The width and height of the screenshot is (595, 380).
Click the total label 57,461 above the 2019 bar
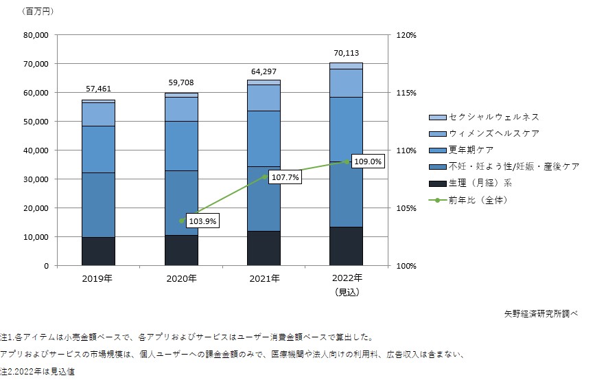(x=98, y=89)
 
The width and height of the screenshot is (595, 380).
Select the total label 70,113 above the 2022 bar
(x=346, y=52)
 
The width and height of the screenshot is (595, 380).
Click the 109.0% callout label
(x=368, y=162)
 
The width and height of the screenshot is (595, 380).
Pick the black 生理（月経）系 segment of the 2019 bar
(x=98, y=251)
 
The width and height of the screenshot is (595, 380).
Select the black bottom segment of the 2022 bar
(x=346, y=246)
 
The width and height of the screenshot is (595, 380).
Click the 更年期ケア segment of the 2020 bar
(x=181, y=146)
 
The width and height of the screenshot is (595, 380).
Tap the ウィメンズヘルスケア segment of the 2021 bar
(x=264, y=98)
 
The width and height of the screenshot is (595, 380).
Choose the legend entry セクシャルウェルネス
(x=484, y=118)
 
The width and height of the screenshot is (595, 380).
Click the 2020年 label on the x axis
(x=181, y=279)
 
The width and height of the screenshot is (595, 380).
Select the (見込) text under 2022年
(x=346, y=291)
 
